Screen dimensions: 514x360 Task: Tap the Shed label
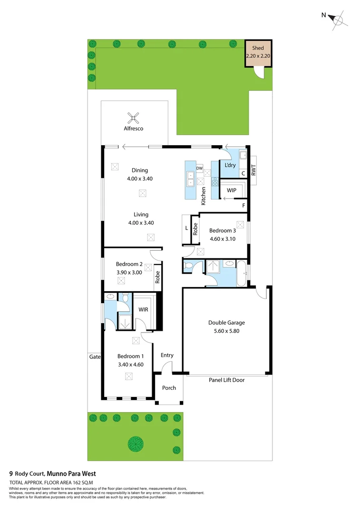coord(258,48)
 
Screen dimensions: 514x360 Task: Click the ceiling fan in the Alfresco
coord(134,117)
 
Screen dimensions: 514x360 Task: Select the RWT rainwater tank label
coord(253,170)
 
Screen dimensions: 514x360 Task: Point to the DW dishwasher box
coord(200,168)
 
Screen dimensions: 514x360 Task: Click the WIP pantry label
coord(232,190)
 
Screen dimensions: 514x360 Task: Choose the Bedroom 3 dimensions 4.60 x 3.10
coord(223,239)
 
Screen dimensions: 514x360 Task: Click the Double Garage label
coord(226,322)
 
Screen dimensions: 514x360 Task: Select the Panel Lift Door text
coord(226,380)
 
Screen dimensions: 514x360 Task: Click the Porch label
coord(169,388)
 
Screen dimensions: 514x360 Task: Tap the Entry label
coord(167,355)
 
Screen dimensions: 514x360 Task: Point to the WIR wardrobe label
coord(144,309)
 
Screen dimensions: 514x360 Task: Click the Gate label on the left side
coord(94,356)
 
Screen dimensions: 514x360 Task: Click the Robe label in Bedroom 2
coord(157,277)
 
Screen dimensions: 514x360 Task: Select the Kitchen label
coord(204,196)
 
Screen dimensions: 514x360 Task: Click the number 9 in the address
coord(11,474)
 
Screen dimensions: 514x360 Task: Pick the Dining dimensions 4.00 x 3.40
coord(140,178)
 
